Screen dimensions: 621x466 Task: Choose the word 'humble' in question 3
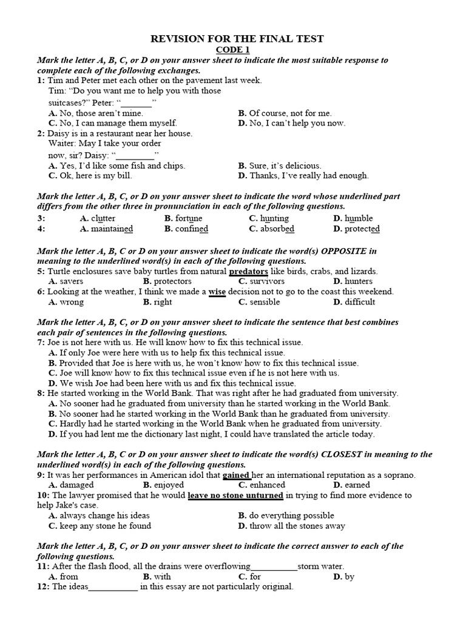click(359, 218)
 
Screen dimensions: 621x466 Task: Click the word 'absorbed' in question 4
click(277, 229)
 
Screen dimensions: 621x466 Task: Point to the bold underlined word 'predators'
click(249, 271)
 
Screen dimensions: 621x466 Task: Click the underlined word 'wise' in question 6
click(217, 292)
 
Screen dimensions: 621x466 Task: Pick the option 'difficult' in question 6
click(360, 302)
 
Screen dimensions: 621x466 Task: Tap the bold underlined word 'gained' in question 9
click(237, 475)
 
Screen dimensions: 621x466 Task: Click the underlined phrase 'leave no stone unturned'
click(235, 495)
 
